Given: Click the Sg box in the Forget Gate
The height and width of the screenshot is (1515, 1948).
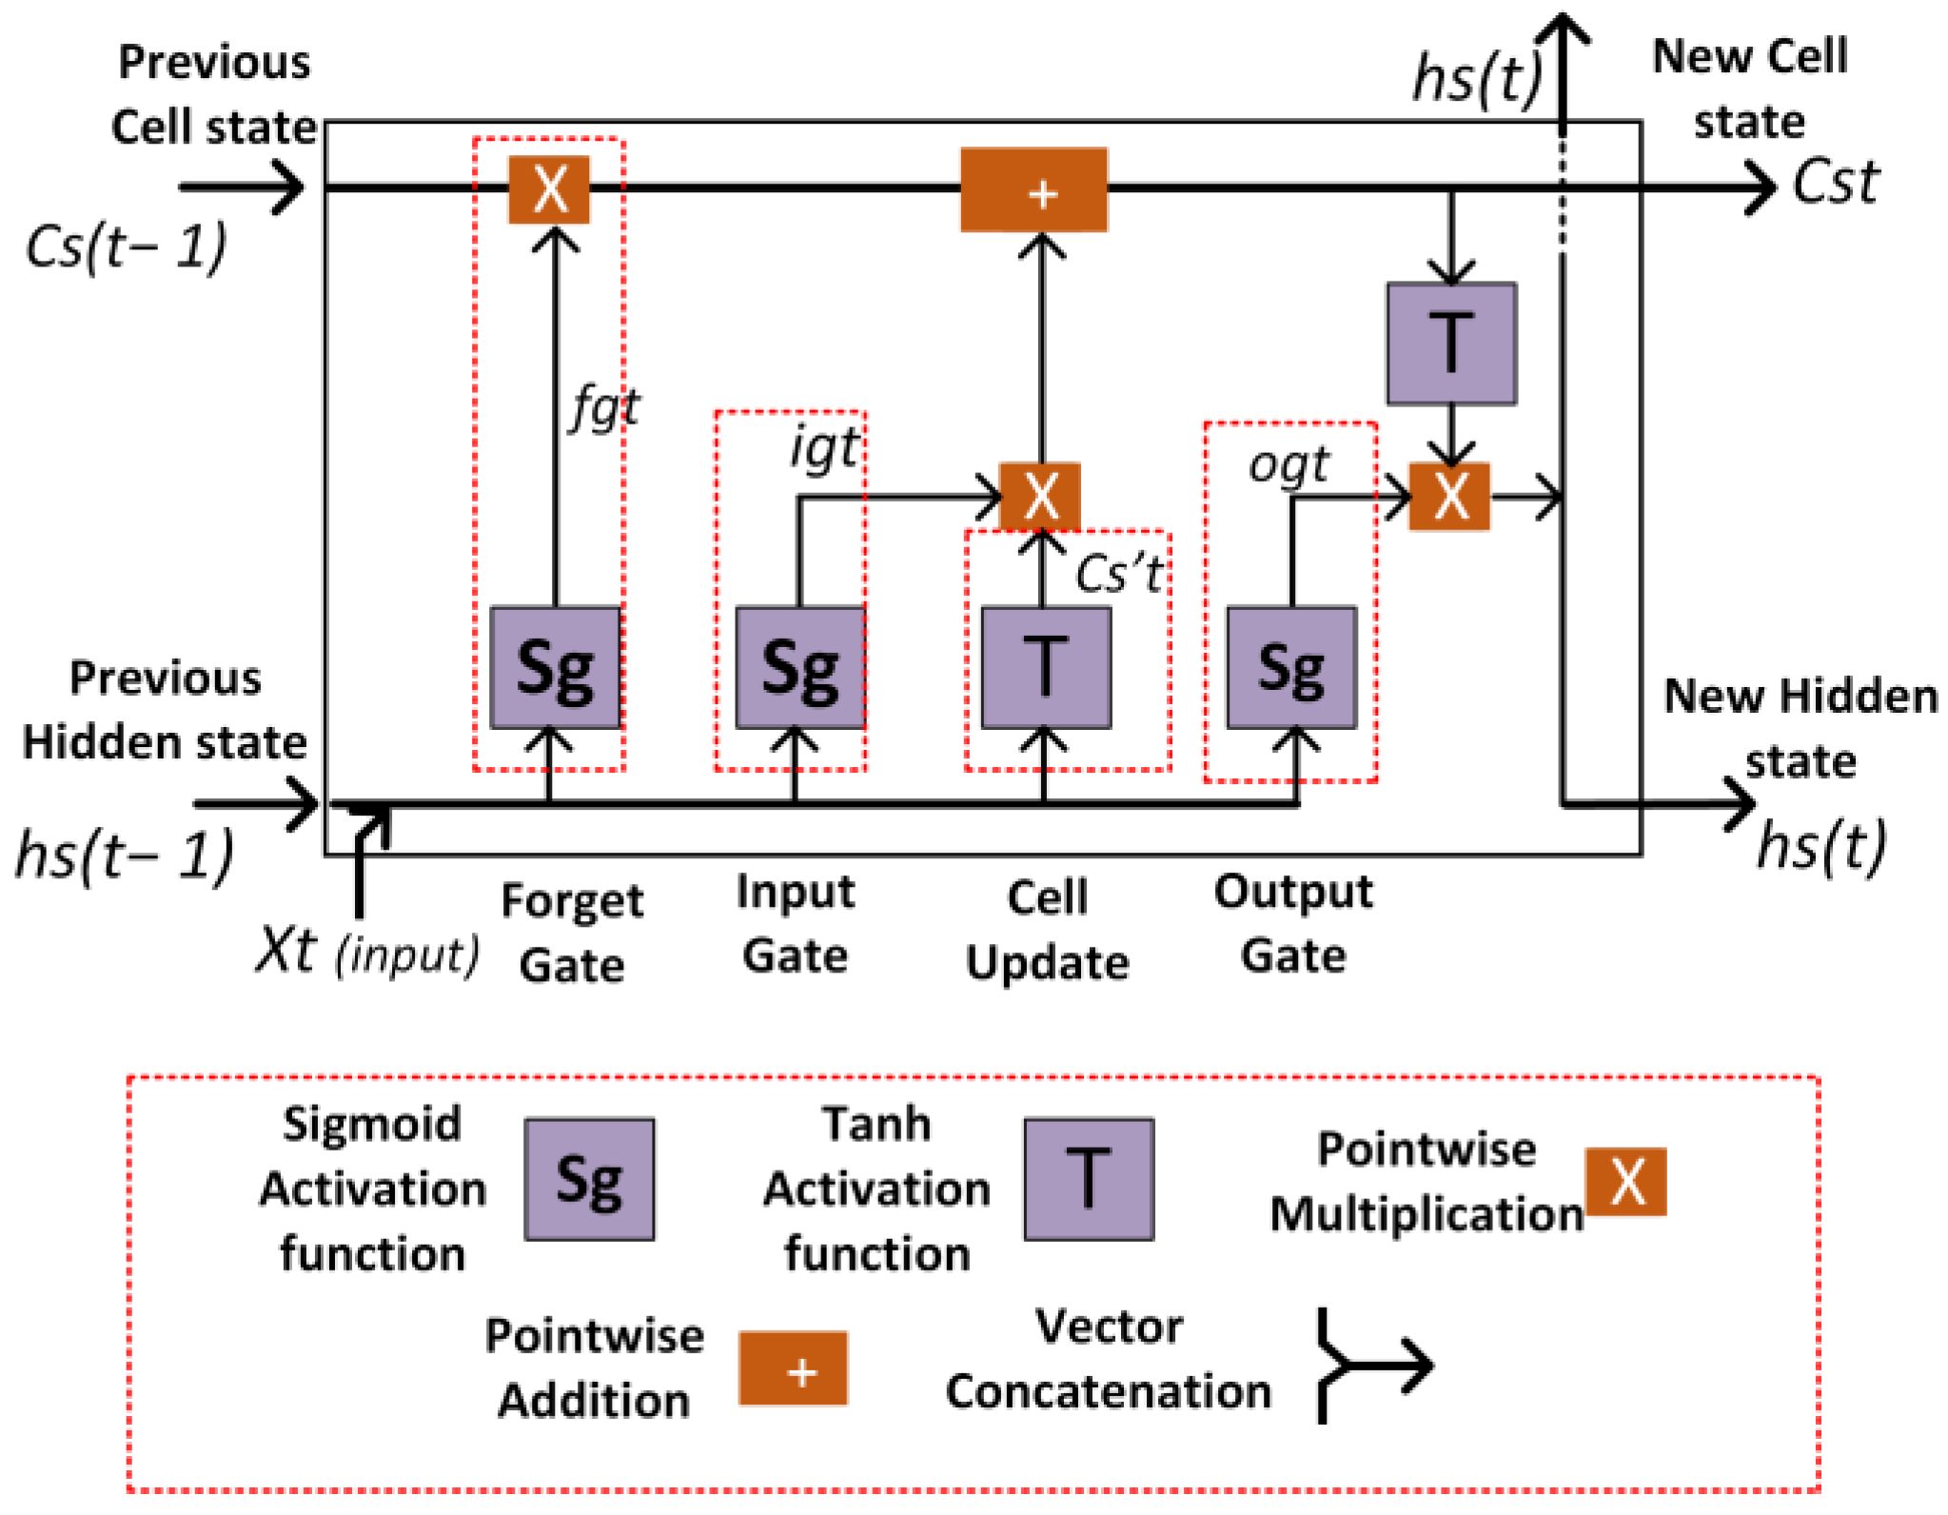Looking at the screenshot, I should point(555,668).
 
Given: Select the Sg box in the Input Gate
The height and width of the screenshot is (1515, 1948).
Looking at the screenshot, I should point(799,668).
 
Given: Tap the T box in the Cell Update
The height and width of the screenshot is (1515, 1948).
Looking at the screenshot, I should point(1045,668).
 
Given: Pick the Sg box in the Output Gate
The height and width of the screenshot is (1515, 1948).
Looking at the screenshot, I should point(1290,668).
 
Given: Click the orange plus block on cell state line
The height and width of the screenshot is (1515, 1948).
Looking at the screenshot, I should point(1033,189).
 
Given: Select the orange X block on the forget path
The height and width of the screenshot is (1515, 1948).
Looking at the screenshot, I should point(549,189).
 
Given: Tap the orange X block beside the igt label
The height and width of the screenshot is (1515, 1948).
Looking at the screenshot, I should point(1039,496).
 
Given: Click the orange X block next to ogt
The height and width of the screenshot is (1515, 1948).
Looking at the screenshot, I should point(1448,496).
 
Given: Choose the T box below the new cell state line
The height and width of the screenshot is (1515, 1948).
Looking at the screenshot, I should point(1450,344).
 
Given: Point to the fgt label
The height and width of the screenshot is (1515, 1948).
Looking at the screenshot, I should point(605,409).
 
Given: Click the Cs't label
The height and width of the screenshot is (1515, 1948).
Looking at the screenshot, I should point(1118,574).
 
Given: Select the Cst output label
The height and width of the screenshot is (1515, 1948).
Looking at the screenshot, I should point(1835,183).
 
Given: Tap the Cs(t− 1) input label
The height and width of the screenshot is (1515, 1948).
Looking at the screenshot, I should point(126,246).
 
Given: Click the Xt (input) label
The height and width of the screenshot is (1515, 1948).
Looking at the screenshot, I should point(366,952).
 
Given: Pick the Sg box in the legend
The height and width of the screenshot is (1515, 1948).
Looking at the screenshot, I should point(589,1179).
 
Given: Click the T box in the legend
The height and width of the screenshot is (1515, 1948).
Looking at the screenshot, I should point(1089,1179).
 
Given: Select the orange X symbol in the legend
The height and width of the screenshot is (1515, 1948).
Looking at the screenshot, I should point(1625,1181).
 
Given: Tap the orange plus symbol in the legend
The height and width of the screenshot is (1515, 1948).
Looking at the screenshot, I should point(793,1368).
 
